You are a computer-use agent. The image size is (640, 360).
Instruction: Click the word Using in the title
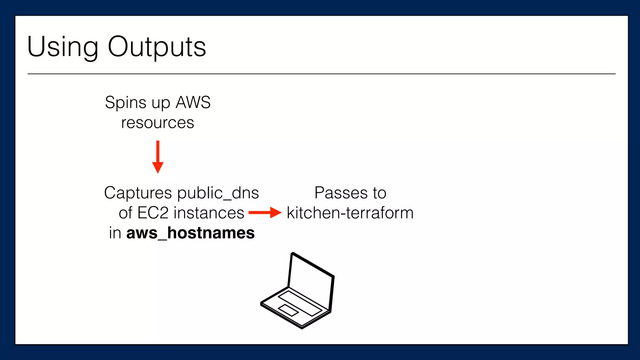[62, 47]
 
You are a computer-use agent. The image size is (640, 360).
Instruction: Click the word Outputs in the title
[157, 47]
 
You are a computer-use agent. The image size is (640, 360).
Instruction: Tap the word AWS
[193, 102]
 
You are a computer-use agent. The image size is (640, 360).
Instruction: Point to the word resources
[157, 122]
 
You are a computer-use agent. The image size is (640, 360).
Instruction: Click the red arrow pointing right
[265, 213]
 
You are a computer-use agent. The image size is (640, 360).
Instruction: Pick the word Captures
[138, 193]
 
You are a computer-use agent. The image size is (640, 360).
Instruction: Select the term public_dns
[218, 193]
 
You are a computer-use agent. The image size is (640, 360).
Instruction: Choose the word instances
[209, 213]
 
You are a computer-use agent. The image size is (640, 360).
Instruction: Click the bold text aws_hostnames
[190, 233]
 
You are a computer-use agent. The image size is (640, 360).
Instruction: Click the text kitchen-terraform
[350, 213]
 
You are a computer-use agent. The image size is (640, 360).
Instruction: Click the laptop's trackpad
[288, 310]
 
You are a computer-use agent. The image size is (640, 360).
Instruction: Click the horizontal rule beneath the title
[321, 74]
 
